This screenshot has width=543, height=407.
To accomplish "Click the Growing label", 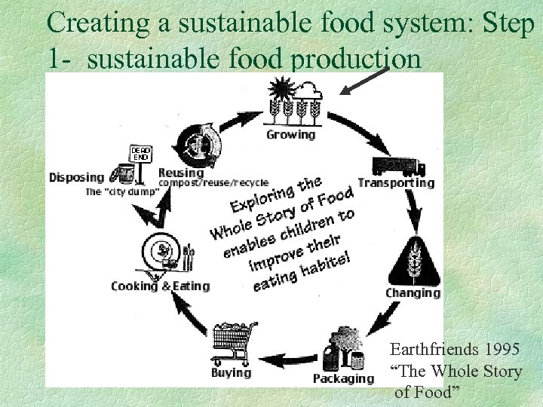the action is (290, 135).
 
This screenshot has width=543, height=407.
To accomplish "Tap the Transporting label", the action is (396, 182).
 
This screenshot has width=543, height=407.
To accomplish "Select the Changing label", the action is (413, 292).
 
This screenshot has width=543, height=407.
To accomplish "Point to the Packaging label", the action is (343, 378).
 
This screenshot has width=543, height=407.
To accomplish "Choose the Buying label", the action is (231, 372).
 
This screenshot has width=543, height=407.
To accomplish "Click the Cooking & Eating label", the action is (160, 286).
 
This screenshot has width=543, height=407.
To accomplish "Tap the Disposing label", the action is (76, 178).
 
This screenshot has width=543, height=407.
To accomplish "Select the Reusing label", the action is (181, 172).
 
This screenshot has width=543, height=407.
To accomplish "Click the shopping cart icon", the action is (234, 343).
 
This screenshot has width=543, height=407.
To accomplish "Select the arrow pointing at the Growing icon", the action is (364, 81).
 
